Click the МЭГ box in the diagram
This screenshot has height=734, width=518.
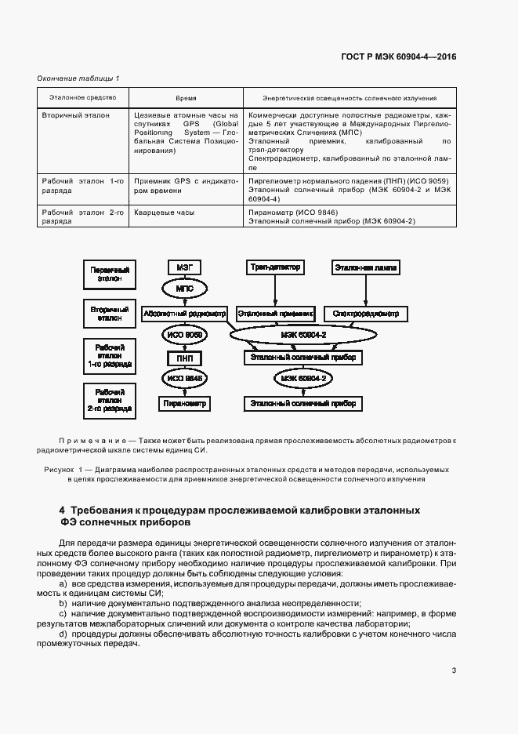point(185,267)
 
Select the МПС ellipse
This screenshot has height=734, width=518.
point(185,289)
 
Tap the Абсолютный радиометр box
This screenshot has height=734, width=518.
point(185,314)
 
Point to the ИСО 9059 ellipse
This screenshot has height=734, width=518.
point(185,336)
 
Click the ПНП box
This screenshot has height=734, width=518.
point(185,358)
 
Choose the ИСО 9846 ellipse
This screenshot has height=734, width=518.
point(185,380)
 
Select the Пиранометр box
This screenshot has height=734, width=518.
point(185,404)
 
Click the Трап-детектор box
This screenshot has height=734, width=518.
point(274,267)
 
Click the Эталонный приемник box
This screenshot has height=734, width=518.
point(274,314)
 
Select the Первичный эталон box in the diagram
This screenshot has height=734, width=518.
point(110,274)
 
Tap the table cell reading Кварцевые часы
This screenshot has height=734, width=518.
point(164,213)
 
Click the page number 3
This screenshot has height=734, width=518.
point(454,670)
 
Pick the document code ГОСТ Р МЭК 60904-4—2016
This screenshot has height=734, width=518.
point(399,56)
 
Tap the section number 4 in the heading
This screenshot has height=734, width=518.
point(63,510)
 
